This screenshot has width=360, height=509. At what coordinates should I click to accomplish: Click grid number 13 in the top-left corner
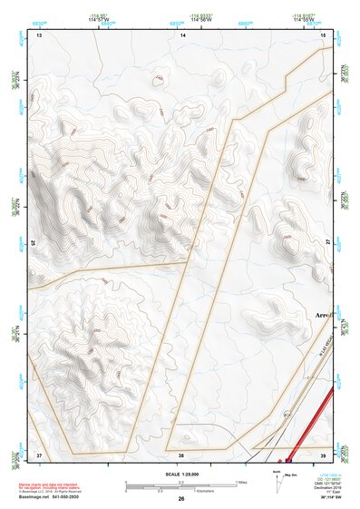pyautogui.click(x=38, y=34)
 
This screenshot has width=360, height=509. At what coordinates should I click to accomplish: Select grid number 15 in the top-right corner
pyautogui.click(x=324, y=34)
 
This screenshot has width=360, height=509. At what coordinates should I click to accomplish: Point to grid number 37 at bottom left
pyautogui.click(x=38, y=454)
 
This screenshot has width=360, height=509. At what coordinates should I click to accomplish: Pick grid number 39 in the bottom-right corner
pyautogui.click(x=323, y=454)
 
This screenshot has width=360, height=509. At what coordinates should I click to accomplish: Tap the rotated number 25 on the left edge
pyautogui.click(x=34, y=243)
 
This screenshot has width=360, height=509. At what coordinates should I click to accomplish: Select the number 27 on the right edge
pyautogui.click(x=327, y=243)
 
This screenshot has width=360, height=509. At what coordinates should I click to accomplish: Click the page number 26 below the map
pyautogui.click(x=181, y=499)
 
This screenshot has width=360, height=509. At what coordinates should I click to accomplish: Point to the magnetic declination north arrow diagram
pyautogui.click(x=278, y=478)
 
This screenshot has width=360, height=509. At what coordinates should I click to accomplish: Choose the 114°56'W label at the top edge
pyautogui.click(x=201, y=20)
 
